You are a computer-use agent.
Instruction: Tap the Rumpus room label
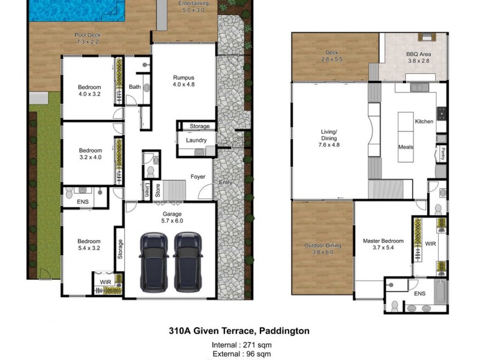[x=184, y=81]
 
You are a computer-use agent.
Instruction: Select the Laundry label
[x=196, y=140]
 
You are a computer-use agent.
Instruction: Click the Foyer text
[x=198, y=177]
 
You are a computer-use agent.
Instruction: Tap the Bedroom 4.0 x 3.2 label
[x=90, y=90]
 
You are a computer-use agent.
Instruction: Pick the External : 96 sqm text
[x=239, y=355]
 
